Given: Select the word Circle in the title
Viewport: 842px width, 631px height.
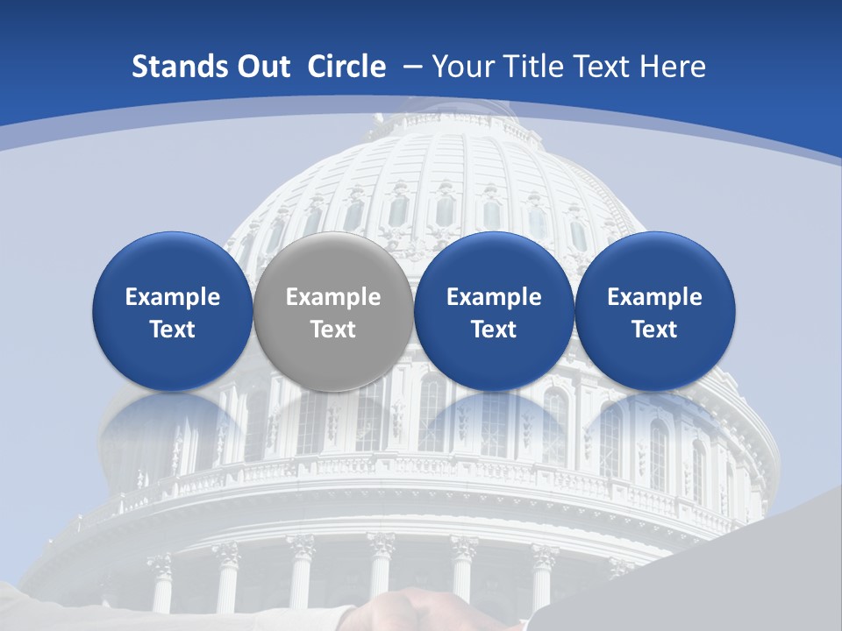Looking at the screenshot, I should pyautogui.click(x=346, y=67).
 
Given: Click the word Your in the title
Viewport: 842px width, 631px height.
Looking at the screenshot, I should pyautogui.click(x=463, y=67).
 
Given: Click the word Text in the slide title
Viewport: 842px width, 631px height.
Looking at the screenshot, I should pyautogui.click(x=604, y=67).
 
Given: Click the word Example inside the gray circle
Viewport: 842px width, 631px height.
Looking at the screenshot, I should pyautogui.click(x=333, y=297).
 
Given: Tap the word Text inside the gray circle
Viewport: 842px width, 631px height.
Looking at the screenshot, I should pyautogui.click(x=333, y=330).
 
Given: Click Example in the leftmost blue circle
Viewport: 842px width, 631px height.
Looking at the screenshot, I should pyautogui.click(x=173, y=297).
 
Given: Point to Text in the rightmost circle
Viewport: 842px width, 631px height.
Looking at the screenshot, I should pyautogui.click(x=655, y=330).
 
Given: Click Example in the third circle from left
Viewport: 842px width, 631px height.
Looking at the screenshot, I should pyautogui.click(x=494, y=297).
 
